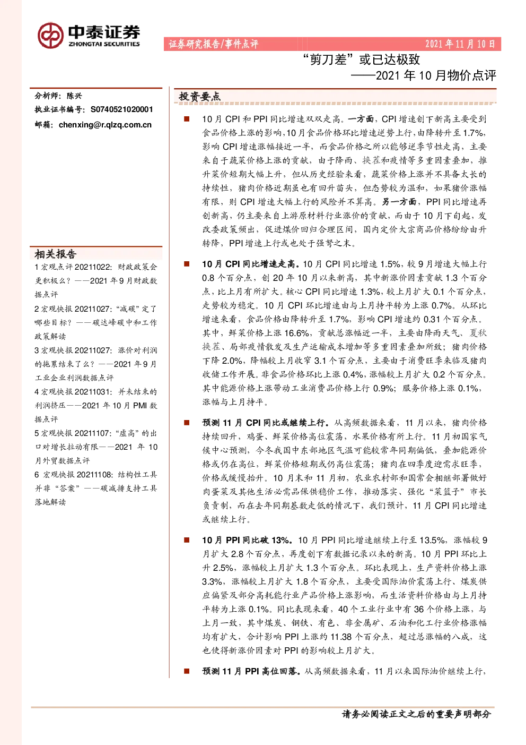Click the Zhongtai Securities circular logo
[50, 36]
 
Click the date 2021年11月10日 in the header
[460, 44]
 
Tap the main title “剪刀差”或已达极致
[361, 59]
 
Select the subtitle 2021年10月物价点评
[436, 75]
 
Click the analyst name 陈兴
[74, 96]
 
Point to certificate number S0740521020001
[122, 109]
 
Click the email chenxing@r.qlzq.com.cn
[105, 125]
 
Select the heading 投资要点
[199, 97]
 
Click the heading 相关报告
[56, 254]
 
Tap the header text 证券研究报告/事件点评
[213, 44]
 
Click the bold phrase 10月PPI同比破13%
[247, 540]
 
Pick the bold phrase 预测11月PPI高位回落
[251, 671]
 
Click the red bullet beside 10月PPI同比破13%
[187, 540]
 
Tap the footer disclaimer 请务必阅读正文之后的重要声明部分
[416, 714]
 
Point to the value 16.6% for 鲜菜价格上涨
[297, 333]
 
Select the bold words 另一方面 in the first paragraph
[399, 202]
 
